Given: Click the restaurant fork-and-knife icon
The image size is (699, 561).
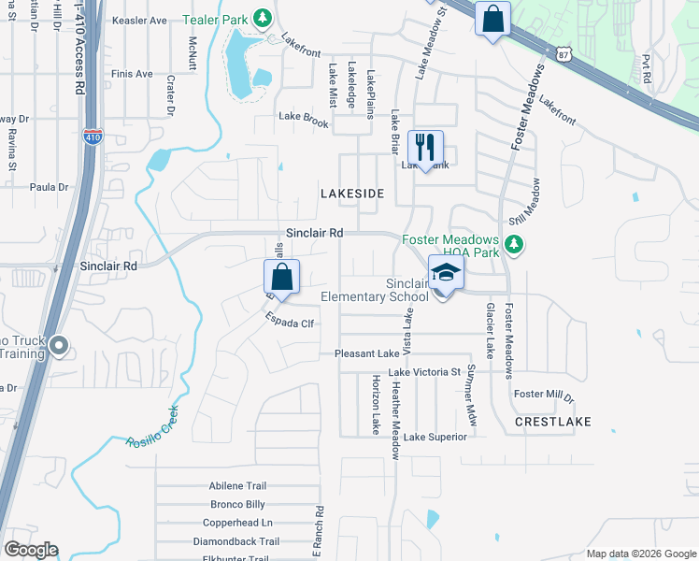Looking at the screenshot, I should (425, 147).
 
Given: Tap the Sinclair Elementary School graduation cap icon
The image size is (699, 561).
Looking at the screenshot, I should (446, 273).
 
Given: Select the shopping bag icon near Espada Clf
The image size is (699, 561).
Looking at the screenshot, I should (281, 277).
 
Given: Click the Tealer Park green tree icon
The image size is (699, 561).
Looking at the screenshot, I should (264, 18).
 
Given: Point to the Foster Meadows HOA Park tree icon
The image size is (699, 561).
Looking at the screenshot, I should (513, 244).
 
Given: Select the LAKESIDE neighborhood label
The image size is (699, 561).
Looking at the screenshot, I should (352, 193).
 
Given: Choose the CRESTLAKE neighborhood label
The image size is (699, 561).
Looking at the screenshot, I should (552, 422).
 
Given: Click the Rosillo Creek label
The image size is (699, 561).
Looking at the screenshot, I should (153, 426).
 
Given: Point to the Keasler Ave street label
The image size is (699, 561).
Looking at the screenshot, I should (138, 20).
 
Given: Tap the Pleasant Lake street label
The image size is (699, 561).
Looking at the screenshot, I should (367, 354).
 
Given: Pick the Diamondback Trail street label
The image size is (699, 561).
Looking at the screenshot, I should (236, 541).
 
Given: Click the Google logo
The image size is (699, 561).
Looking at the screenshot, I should (32, 550).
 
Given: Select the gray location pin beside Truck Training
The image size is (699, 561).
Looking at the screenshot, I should (58, 347).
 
